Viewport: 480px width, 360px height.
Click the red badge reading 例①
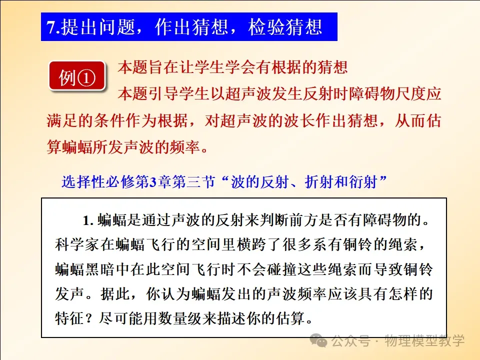(x=77, y=76)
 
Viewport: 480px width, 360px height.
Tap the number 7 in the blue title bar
(x=51, y=27)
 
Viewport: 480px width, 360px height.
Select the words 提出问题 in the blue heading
(x=98, y=27)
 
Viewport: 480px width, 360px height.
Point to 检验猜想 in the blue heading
(x=285, y=27)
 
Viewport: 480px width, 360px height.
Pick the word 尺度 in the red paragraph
(x=410, y=93)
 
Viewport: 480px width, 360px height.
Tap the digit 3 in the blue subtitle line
(x=153, y=182)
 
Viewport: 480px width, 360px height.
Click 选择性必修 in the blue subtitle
(x=98, y=182)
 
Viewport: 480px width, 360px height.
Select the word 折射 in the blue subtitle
(x=319, y=182)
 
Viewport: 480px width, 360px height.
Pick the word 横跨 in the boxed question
(x=251, y=244)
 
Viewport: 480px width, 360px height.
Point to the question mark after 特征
(x=89, y=318)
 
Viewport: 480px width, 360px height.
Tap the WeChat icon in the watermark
(x=318, y=340)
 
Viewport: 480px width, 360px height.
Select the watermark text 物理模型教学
(x=424, y=340)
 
